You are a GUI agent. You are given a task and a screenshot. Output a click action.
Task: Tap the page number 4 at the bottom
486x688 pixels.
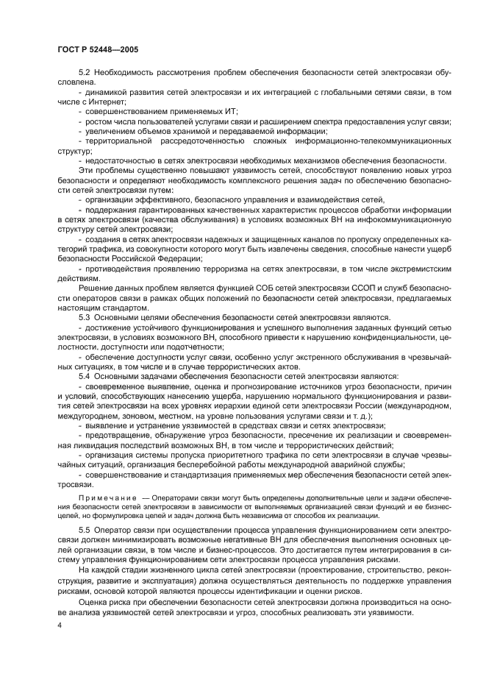pos(59,624)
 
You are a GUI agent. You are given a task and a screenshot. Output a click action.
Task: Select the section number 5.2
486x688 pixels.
pos(85,74)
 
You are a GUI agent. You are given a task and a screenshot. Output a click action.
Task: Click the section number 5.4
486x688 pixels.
pos(85,376)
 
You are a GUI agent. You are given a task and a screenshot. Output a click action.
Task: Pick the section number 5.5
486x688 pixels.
pos(85,528)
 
